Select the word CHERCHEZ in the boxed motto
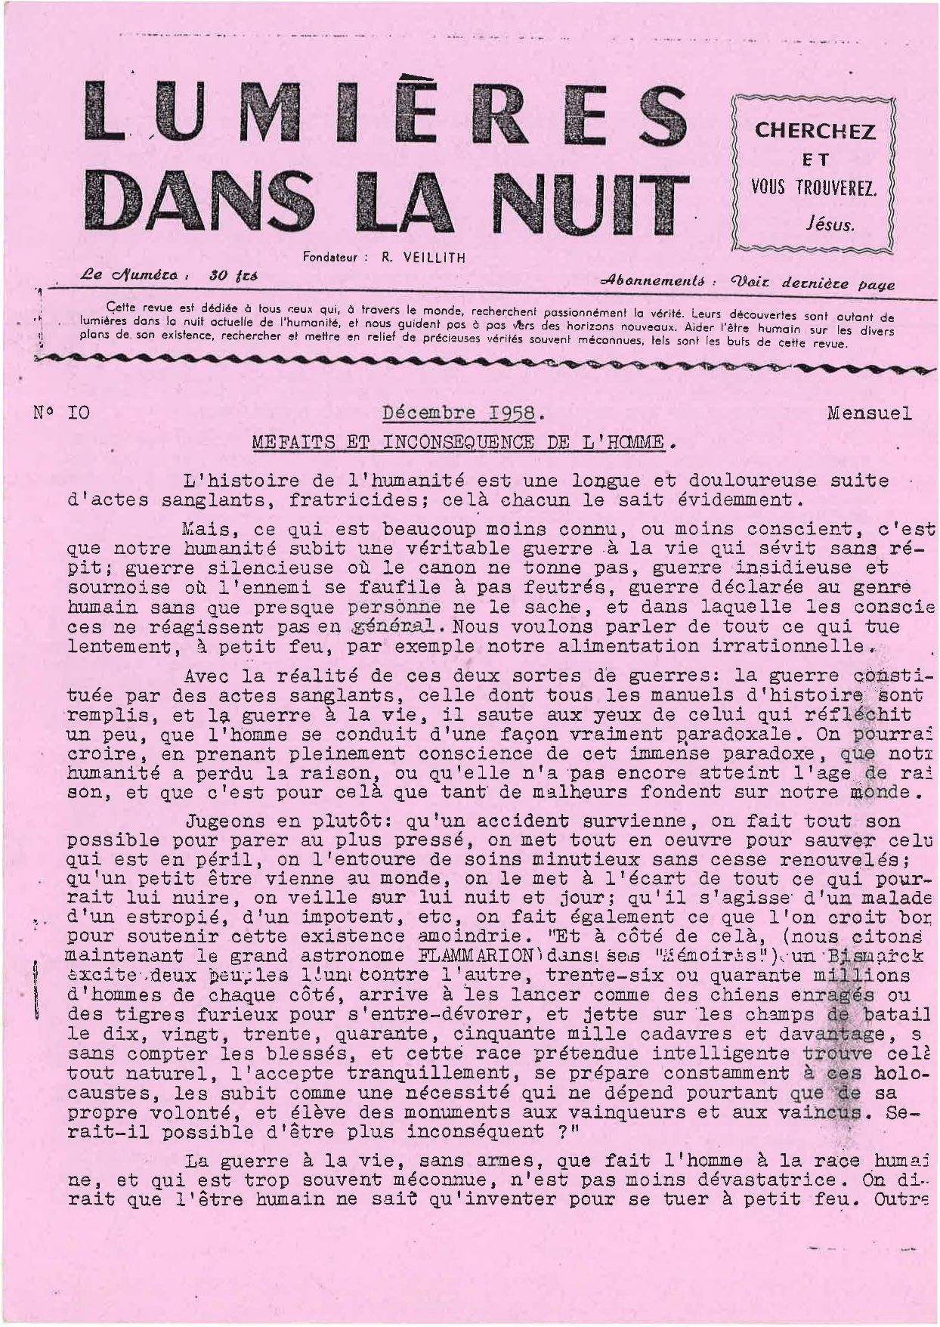click(815, 131)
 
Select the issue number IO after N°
click(79, 413)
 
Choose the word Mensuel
click(869, 413)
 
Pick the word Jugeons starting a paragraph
click(224, 821)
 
